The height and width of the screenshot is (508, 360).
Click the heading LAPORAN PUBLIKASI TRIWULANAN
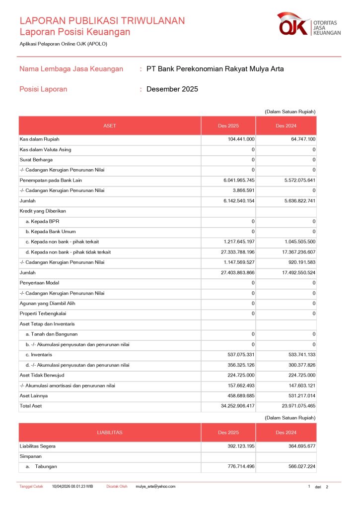tap(102, 21)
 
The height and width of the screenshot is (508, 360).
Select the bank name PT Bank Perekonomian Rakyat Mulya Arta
tap(215, 69)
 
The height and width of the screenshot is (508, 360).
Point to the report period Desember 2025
tap(172, 89)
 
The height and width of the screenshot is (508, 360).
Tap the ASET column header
tap(110, 126)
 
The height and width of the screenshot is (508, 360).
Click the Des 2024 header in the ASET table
tap(286, 126)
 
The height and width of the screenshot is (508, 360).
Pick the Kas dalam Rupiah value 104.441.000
tap(241, 139)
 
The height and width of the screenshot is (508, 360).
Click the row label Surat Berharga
tap(36, 160)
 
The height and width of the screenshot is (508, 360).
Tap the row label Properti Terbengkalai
tap(43, 314)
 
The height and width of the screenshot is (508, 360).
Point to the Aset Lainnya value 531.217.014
tap(297, 396)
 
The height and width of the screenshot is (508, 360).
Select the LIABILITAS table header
tap(110, 433)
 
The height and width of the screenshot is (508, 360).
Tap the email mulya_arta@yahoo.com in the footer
tap(155, 487)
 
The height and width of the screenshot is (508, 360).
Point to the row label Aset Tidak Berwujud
tap(42, 375)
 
